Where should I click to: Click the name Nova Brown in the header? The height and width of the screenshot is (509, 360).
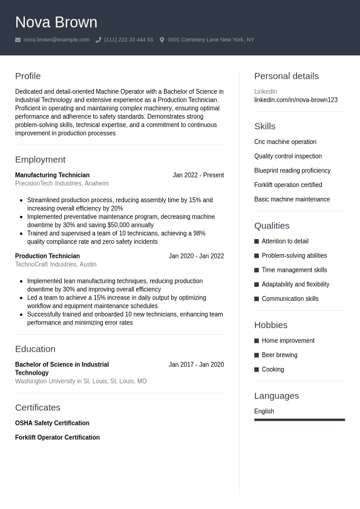tap(56, 22)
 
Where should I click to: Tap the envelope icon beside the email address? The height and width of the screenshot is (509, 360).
tap(18, 40)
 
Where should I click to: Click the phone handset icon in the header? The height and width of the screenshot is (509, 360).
tap(98, 40)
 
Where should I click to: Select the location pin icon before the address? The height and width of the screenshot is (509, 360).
tap(162, 40)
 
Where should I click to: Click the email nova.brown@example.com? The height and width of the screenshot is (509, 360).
tap(56, 40)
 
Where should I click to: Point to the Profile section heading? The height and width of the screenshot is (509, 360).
tap(28, 76)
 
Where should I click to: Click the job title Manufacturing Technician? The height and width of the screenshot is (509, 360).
tap(52, 175)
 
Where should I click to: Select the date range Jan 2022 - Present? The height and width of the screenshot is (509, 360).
tap(198, 175)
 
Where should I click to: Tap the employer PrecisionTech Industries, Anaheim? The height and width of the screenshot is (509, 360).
tap(62, 183)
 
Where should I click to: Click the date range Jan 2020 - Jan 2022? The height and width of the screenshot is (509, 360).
tap(196, 256)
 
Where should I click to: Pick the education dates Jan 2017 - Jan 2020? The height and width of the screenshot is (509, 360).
tap(196, 364)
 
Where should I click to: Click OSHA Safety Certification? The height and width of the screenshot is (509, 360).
tap(52, 423)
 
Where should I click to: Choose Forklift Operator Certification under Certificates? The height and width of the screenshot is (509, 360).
tap(57, 438)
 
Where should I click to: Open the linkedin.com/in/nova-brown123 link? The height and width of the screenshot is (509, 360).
tap(296, 100)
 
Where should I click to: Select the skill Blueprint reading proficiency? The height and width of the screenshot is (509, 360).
tap(292, 171)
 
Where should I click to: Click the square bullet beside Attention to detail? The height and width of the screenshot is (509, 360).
tap(257, 241)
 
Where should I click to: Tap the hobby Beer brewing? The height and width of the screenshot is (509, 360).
tap(280, 355)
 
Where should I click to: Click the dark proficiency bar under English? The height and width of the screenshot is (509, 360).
tap(299, 419)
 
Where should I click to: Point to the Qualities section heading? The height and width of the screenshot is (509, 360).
tap(272, 226)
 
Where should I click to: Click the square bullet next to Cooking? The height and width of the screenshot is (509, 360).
tap(257, 370)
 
